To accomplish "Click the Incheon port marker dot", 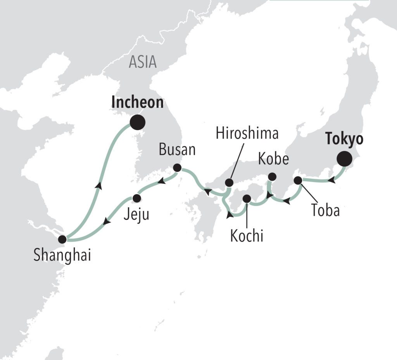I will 138,122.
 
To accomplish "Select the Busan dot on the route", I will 177,168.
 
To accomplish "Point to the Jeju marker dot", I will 136,198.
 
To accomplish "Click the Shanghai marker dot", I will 62,239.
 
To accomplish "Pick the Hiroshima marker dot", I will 229,183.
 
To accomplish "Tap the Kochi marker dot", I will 247,199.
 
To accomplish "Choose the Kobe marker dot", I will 272,177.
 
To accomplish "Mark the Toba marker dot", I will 298,180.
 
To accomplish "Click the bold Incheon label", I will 137,103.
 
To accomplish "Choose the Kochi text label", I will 247,236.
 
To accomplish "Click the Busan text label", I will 177,150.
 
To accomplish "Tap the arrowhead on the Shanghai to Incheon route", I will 100,186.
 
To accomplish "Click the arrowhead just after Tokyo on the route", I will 332,180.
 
